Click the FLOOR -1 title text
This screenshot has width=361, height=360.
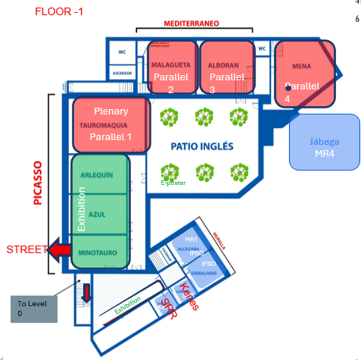(x=59, y=12)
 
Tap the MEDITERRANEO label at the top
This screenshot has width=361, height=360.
(x=191, y=24)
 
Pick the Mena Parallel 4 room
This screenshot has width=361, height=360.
(x=303, y=81)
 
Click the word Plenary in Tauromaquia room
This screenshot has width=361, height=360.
(x=111, y=111)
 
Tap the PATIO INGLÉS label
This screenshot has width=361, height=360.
(x=202, y=147)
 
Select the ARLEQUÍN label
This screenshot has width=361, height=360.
(x=97, y=175)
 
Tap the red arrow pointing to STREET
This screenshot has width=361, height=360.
(x=59, y=250)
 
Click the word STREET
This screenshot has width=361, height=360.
(x=26, y=250)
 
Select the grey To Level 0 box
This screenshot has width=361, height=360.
(x=34, y=309)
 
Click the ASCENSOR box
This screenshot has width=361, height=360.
(x=122, y=74)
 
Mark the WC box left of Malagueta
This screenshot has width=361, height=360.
(x=122, y=52)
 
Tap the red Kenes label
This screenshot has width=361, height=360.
(x=189, y=297)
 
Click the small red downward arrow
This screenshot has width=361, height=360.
(x=86, y=293)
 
